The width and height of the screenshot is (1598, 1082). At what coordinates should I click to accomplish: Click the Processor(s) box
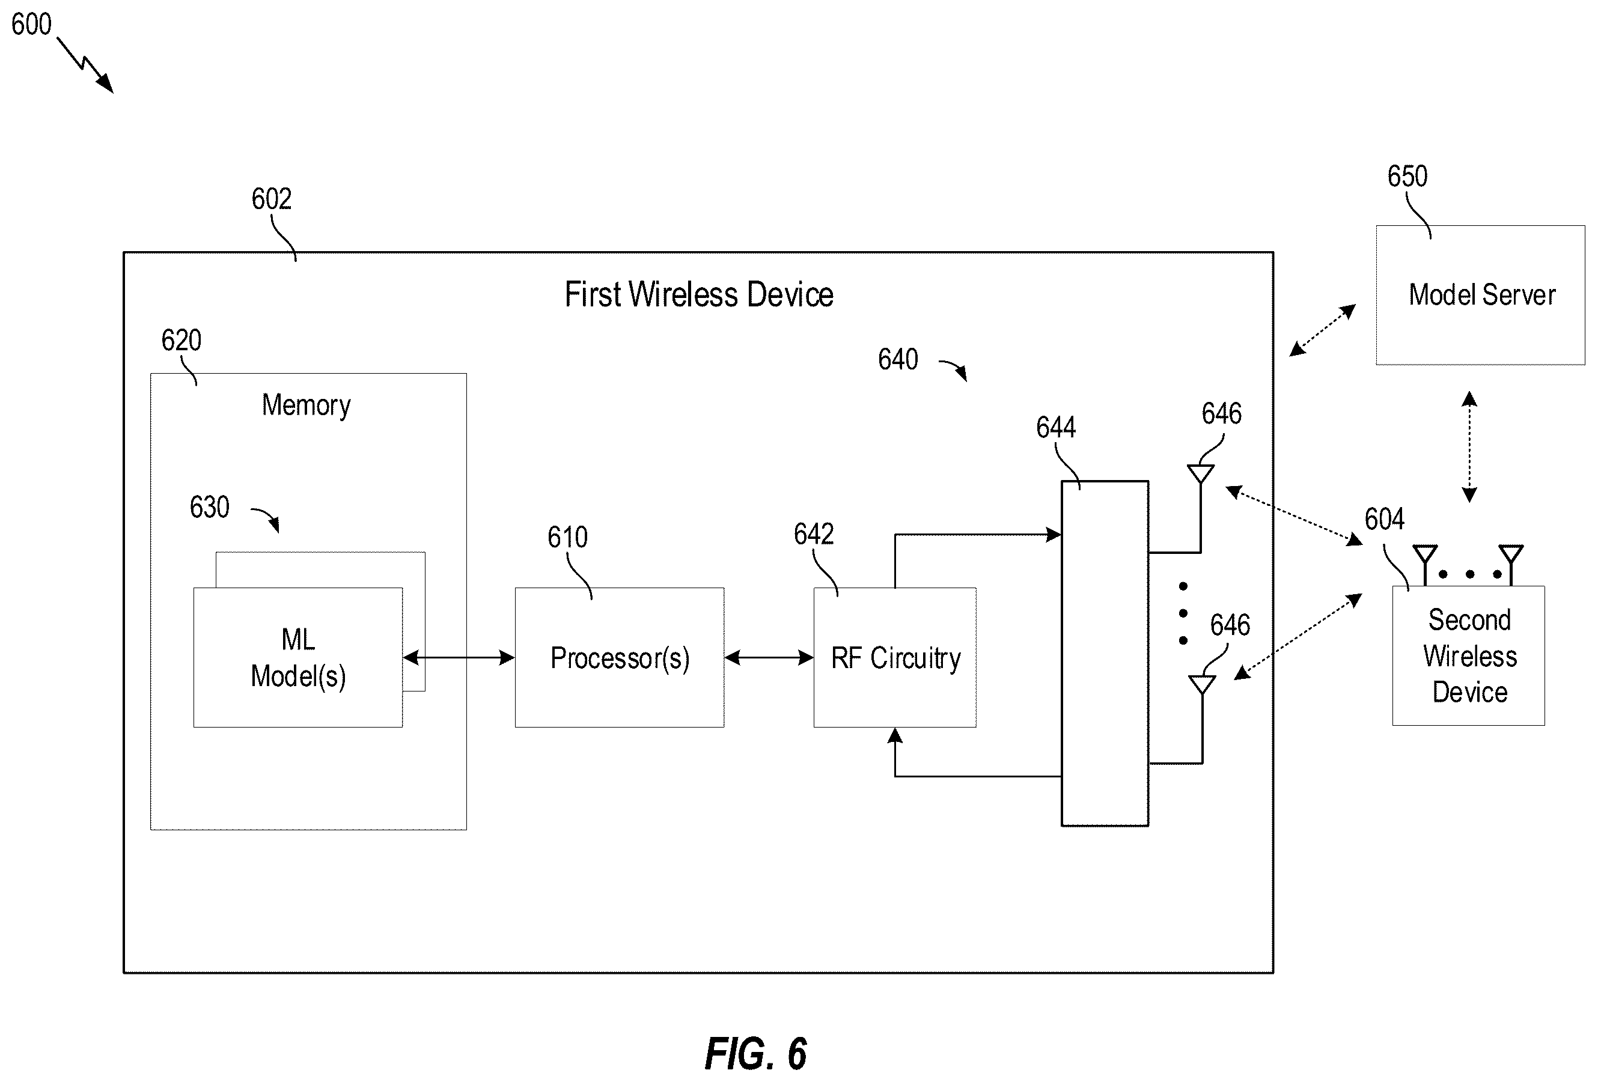click(x=620, y=657)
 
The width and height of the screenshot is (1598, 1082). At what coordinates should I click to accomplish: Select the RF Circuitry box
click(x=895, y=657)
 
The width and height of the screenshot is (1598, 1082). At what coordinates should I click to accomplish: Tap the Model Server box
click(x=1480, y=295)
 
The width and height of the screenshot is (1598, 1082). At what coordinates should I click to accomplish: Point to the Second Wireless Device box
click(x=1469, y=655)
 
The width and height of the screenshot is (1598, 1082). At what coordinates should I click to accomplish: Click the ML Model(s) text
click(x=299, y=658)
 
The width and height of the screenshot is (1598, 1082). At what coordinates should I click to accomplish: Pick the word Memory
click(x=306, y=405)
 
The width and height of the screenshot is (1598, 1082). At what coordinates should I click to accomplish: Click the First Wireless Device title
click(x=698, y=295)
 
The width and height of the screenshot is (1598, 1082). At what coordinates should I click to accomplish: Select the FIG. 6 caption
click(x=755, y=1054)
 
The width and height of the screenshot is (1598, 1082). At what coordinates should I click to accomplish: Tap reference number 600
click(x=32, y=25)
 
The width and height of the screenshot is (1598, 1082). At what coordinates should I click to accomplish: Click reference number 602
click(x=272, y=199)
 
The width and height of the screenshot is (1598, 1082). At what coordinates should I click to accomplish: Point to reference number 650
click(x=1407, y=177)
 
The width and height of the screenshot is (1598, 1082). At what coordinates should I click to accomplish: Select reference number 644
click(x=1056, y=428)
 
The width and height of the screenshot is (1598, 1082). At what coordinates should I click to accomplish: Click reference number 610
click(x=568, y=537)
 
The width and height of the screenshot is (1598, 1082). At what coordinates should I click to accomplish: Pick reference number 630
click(x=210, y=507)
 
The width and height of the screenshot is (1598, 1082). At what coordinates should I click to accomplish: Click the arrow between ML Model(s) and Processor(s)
click(x=459, y=658)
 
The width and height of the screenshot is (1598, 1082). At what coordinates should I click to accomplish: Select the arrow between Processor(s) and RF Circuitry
click(x=769, y=658)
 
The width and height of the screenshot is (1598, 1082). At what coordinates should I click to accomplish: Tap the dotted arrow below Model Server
click(x=1469, y=447)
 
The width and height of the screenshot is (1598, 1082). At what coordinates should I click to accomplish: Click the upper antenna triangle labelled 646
click(x=1201, y=473)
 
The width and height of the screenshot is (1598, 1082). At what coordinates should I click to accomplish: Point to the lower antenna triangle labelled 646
click(x=1202, y=685)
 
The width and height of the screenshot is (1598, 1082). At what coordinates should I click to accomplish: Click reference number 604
click(x=1385, y=519)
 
